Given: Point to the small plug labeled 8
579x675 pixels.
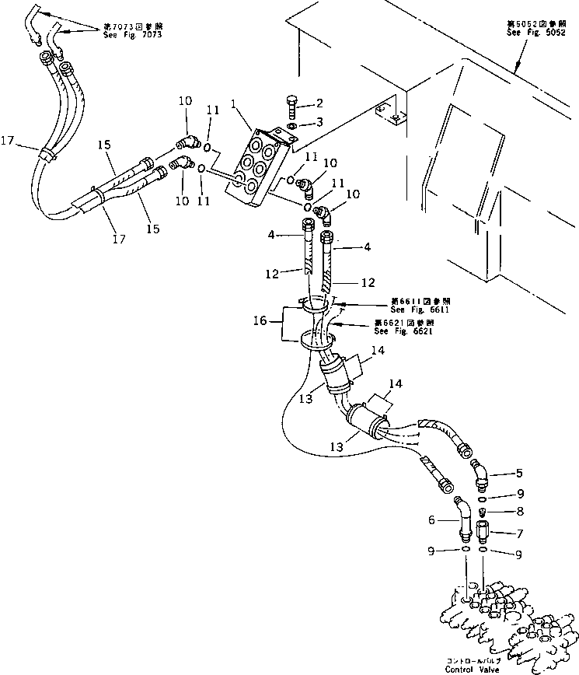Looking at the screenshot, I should [x=483, y=512].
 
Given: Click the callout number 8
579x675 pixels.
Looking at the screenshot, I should [x=520, y=511].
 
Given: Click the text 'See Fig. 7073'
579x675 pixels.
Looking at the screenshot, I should [x=138, y=35].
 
